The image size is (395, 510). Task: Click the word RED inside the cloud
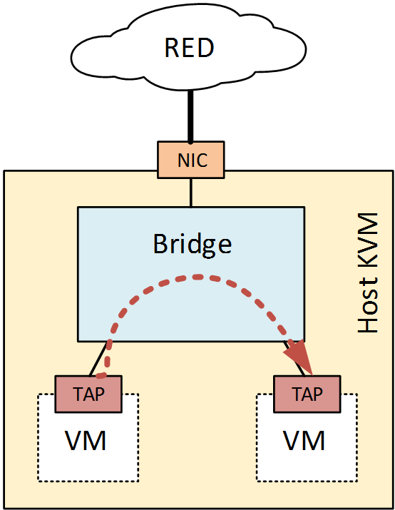tap(190, 49)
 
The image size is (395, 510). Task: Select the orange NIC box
tap(190, 160)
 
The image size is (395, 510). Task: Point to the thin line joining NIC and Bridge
tap(190, 193)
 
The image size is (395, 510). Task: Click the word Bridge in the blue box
tap(192, 244)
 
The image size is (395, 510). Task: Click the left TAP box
tap(89, 394)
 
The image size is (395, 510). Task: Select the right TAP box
tap(307, 394)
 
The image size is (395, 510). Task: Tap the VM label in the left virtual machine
tap(86, 440)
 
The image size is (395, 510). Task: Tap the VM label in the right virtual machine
tap(304, 440)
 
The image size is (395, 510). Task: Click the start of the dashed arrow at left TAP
tap(101, 374)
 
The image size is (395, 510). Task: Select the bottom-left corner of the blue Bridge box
tap(78, 339)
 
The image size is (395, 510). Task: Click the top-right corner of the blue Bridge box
tap(304, 208)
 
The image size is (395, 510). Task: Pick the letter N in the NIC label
tap(179, 160)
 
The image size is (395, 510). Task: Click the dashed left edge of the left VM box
tap(38, 442)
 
